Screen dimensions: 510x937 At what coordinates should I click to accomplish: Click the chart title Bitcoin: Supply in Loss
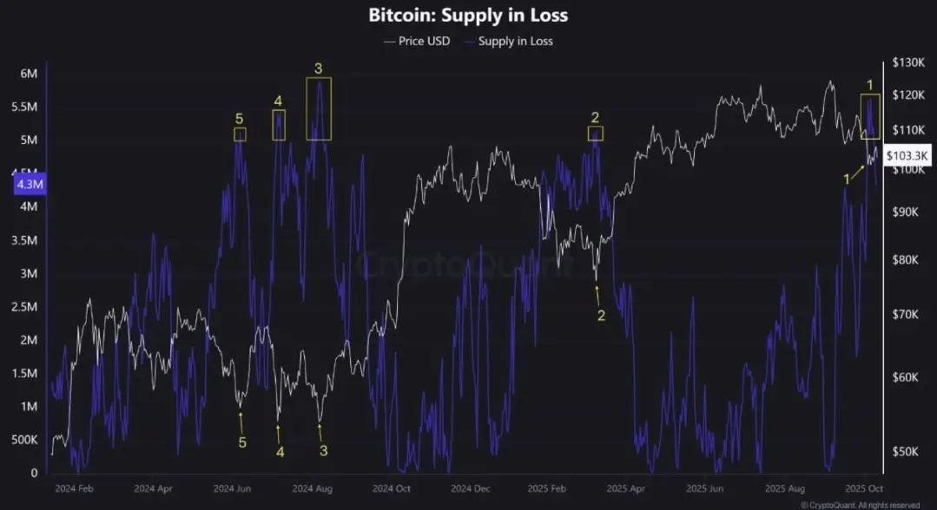click(468, 16)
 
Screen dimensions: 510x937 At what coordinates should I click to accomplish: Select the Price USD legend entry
click(417, 41)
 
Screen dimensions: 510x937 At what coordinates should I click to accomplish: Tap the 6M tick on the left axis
click(28, 74)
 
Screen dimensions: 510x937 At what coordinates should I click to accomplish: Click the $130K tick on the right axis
click(908, 63)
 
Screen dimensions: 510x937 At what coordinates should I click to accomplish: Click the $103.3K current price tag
click(908, 155)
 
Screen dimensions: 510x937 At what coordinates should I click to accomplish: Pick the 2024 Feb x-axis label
click(74, 488)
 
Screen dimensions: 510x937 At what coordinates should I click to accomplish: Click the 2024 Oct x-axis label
click(388, 488)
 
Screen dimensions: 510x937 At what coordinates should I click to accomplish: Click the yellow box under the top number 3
click(319, 108)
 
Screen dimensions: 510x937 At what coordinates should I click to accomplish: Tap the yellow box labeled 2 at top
click(595, 133)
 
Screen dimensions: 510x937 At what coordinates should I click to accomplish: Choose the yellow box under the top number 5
click(240, 134)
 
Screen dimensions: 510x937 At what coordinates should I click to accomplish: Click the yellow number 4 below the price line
click(280, 451)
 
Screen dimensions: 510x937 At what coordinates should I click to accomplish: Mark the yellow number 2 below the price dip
click(601, 316)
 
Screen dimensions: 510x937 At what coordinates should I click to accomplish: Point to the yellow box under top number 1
click(870, 116)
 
